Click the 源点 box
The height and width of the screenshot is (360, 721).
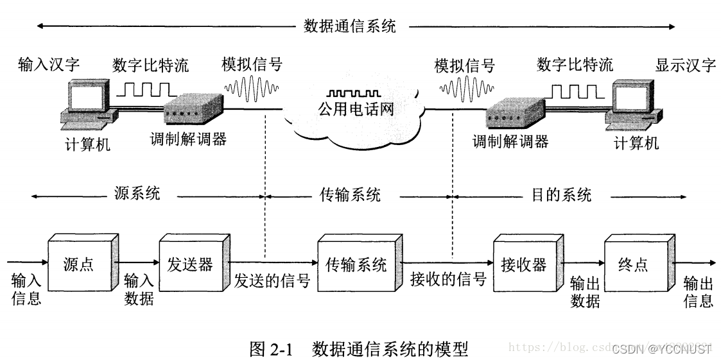(80, 264)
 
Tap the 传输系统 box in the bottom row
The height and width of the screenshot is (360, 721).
(356, 264)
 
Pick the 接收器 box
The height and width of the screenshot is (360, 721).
(523, 264)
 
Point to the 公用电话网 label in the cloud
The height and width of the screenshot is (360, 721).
(355, 110)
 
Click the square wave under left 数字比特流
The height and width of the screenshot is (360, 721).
(147, 88)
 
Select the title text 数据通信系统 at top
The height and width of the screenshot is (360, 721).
(349, 27)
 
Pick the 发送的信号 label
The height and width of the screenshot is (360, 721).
(272, 281)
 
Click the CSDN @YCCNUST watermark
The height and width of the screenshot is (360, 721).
(661, 349)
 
